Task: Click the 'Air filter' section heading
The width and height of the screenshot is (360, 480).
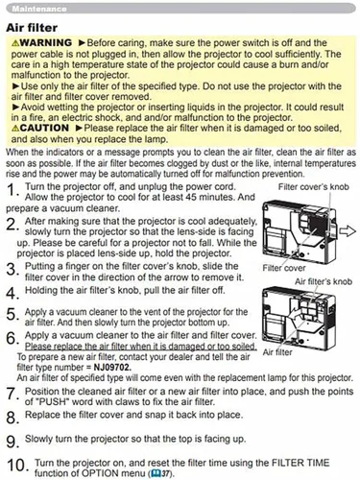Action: tap(32, 28)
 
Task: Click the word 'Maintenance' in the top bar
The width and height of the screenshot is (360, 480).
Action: tap(39, 9)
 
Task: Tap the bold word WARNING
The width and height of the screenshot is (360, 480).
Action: tap(46, 42)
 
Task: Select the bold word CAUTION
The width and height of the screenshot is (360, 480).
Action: tap(44, 128)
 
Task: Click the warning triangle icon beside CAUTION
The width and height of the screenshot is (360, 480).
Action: tap(15, 129)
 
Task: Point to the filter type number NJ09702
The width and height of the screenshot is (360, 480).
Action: tap(112, 367)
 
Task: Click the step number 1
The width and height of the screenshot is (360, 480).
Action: tap(12, 190)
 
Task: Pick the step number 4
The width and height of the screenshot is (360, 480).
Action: tap(12, 293)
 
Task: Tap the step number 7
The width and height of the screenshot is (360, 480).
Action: tap(12, 394)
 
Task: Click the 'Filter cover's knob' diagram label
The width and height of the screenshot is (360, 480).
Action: tap(313, 187)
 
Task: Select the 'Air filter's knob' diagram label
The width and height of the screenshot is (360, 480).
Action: tap(324, 281)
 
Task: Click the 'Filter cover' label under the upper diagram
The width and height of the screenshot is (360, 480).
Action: tap(284, 268)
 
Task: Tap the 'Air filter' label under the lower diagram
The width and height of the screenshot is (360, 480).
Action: tap(277, 352)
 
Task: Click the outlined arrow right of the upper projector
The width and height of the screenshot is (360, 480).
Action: tap(348, 230)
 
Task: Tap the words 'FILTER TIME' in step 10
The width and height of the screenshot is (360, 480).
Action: tap(300, 463)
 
